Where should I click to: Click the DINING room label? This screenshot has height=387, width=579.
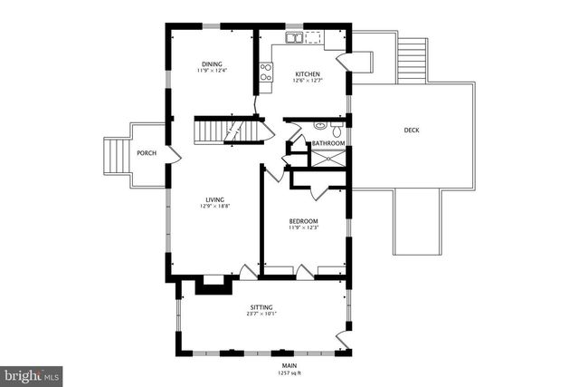(212, 63)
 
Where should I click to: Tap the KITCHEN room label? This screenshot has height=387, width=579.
(308, 73)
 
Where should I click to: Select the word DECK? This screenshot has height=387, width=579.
(412, 131)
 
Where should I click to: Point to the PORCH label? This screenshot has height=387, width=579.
(147, 153)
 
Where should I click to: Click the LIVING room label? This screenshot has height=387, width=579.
(214, 199)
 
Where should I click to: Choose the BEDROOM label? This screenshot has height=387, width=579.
(303, 221)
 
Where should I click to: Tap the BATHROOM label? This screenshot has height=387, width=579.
(328, 143)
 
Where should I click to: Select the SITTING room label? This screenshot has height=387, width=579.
(261, 308)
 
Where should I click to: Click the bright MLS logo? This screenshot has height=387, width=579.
(32, 374)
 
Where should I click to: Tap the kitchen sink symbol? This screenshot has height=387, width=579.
(295, 38)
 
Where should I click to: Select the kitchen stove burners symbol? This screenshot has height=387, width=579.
(267, 72)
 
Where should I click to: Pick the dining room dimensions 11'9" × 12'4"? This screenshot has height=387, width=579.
(212, 71)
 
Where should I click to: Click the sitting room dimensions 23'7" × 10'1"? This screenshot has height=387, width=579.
(261, 315)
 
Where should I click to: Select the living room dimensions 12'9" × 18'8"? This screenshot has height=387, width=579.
(214, 207)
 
